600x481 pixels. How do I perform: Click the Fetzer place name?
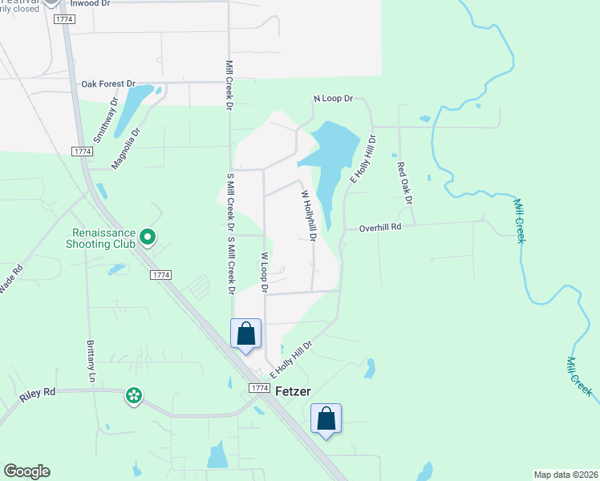coord(293,391)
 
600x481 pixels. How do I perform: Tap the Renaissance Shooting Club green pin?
coord(147,236)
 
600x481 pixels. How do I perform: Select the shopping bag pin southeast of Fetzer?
coord(326,418)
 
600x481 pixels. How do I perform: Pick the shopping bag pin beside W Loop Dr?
coord(245,333)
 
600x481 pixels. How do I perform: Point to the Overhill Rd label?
coord(380,228)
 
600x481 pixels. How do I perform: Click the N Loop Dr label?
coord(333,99)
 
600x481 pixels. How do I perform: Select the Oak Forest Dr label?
coord(107,83)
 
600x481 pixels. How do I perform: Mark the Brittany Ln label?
coord(90,352)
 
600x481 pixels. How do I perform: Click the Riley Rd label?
coord(39,392)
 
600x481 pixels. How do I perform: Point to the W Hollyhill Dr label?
coord(309,215)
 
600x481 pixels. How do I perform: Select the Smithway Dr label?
coord(106,120)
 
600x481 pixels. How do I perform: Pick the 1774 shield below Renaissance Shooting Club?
coord(160,275)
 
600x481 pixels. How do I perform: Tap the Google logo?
coord(26,471)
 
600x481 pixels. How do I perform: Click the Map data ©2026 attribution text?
coord(565,475)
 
